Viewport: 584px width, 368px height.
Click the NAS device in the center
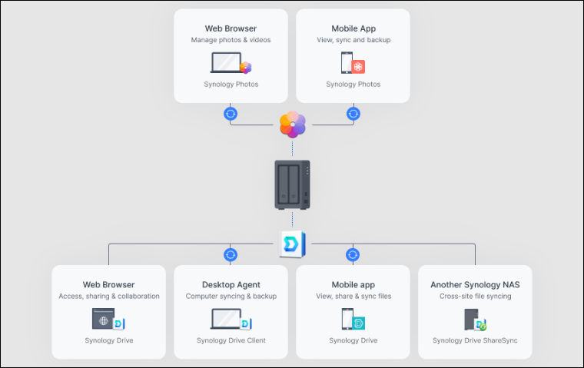(292, 184)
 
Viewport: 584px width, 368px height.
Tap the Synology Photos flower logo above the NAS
(292, 124)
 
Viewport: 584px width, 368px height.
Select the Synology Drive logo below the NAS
(292, 244)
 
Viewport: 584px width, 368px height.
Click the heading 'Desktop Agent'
(231, 284)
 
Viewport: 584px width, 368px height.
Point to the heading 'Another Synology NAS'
(475, 284)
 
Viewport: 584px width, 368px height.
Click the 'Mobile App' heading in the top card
(353, 28)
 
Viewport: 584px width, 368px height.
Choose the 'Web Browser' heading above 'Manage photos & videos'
(231, 28)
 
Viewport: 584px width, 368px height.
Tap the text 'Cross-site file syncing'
(475, 296)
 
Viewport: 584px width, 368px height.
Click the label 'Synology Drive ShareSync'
(475, 340)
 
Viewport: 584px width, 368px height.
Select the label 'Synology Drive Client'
(231, 340)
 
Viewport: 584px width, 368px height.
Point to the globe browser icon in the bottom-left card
(103, 318)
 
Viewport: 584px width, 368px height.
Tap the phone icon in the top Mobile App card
(347, 62)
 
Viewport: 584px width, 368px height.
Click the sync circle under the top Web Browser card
(231, 114)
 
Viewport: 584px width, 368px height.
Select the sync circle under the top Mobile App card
(353, 114)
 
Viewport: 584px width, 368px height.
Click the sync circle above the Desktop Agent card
(231, 254)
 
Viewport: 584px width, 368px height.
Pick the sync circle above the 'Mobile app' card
(353, 254)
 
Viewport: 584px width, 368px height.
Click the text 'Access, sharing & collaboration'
(108, 296)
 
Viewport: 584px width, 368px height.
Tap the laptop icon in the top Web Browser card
(225, 62)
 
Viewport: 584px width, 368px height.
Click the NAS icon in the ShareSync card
(472, 319)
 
